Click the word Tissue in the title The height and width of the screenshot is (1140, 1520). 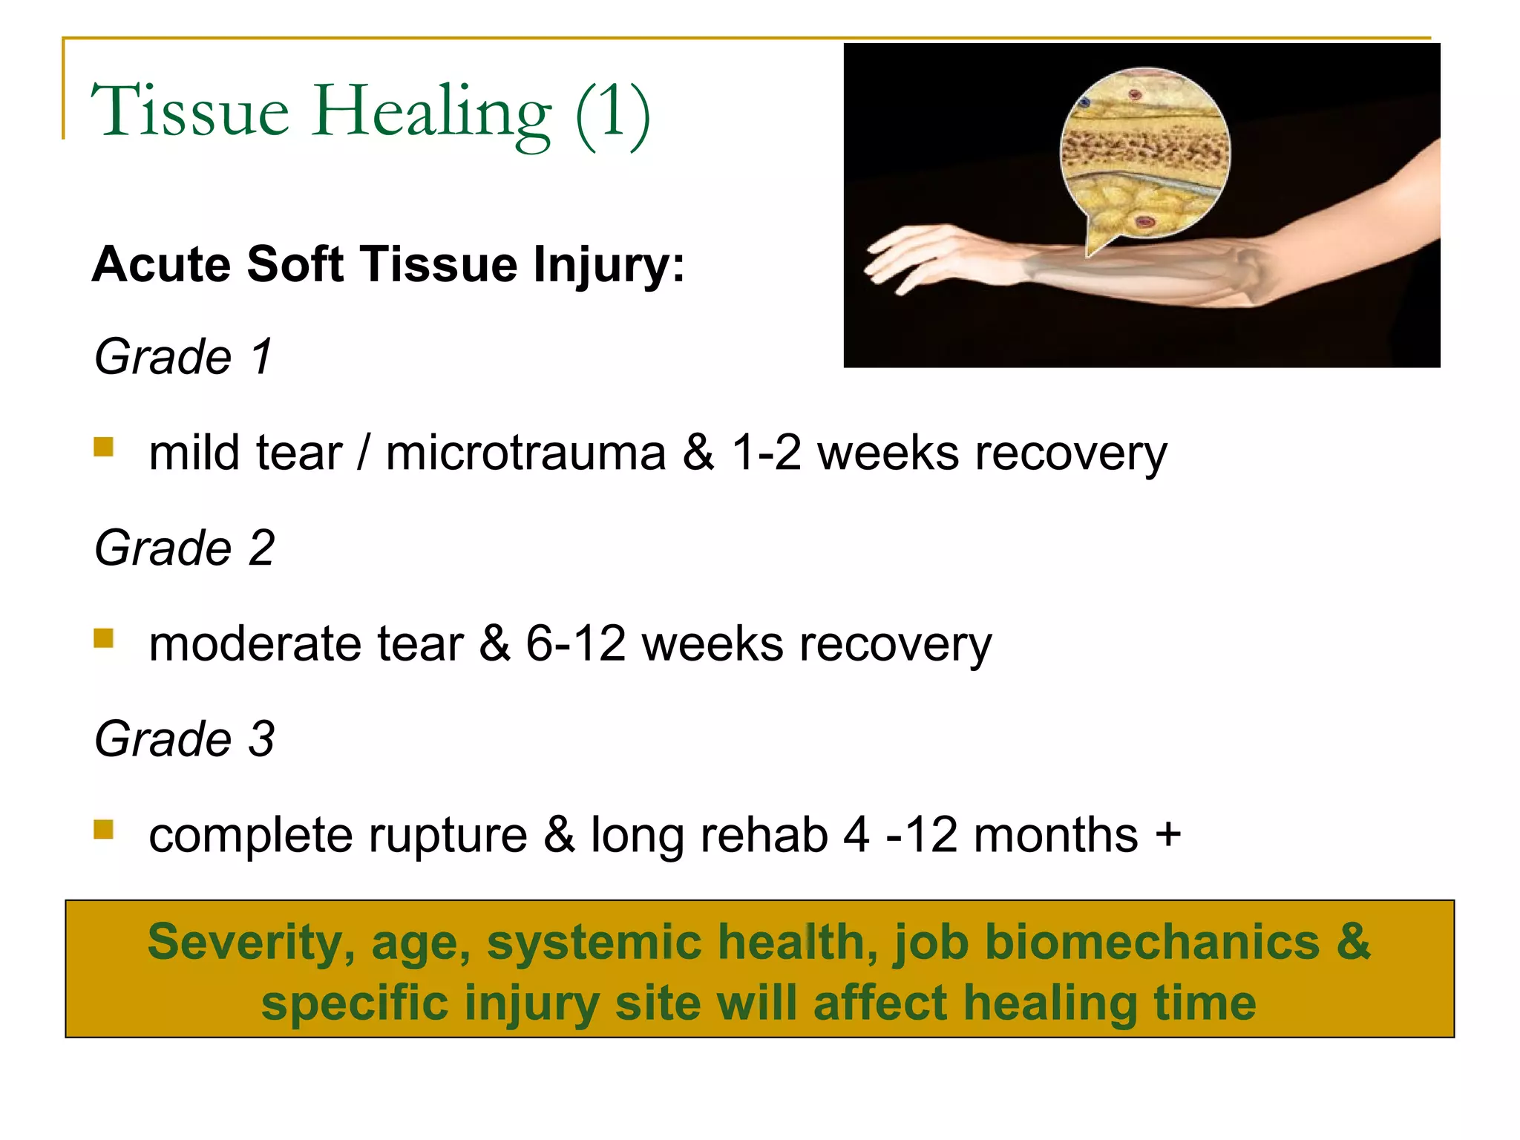pyautogui.click(x=190, y=111)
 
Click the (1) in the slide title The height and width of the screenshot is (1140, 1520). pyautogui.click(x=613, y=113)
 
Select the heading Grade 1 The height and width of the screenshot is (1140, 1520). pyautogui.click(x=183, y=357)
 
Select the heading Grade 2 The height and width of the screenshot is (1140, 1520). pyautogui.click(x=185, y=548)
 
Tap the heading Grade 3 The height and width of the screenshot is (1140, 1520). pyautogui.click(x=185, y=739)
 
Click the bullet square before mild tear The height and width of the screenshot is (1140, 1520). pyautogui.click(x=104, y=447)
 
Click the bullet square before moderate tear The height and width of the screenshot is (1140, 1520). pyautogui.click(x=104, y=638)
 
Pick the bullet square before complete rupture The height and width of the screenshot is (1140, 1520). pyautogui.click(x=104, y=829)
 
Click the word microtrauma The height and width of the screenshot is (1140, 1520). pyautogui.click(x=525, y=453)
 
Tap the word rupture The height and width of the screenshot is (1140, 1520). pyautogui.click(x=448, y=836)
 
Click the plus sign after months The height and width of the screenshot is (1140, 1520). pyautogui.click(x=1167, y=834)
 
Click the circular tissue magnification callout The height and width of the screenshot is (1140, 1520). pyautogui.click(x=1144, y=152)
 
